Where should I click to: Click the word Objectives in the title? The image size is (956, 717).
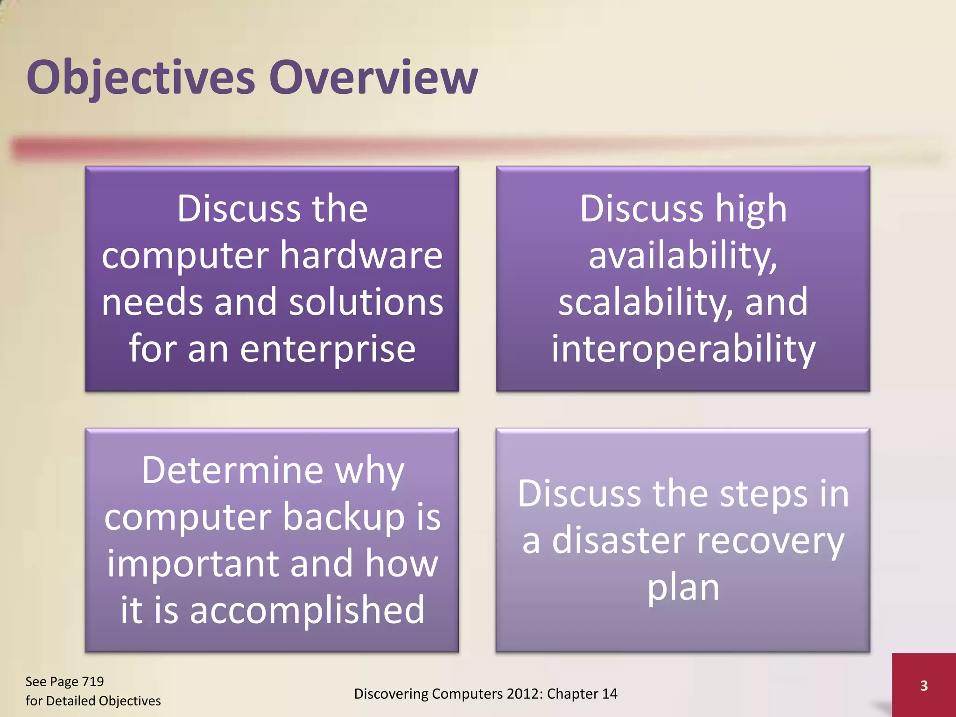(x=140, y=77)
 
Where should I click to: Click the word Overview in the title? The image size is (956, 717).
(x=373, y=77)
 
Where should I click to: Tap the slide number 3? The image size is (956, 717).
(x=923, y=686)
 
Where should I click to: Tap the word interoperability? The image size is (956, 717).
(x=683, y=349)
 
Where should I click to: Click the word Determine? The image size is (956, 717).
(x=232, y=470)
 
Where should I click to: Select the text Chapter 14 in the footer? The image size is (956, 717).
(x=582, y=694)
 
